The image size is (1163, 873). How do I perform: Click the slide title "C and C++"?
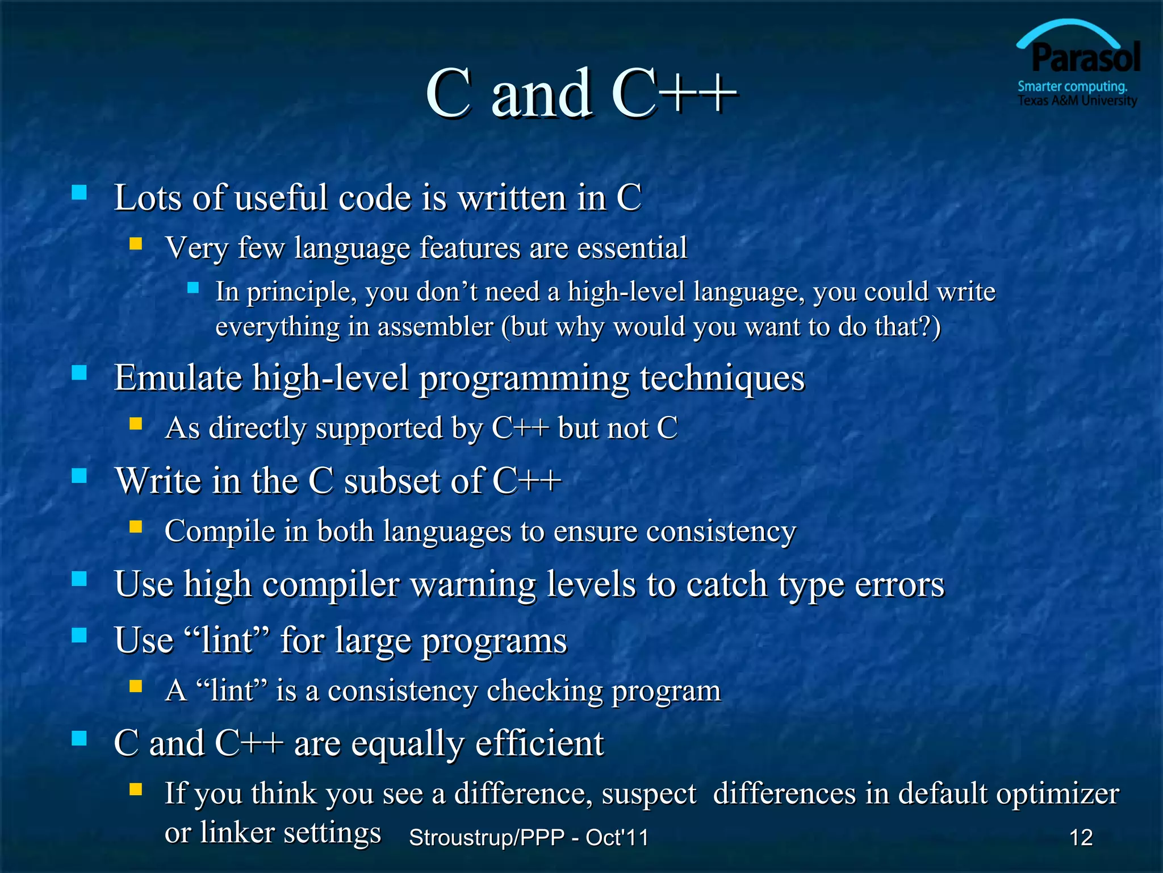(581, 94)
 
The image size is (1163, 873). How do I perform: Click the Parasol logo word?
(1085, 59)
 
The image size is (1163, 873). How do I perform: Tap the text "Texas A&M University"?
(1077, 101)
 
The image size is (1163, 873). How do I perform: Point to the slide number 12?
(1081, 838)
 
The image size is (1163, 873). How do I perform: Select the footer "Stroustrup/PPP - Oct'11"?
(529, 838)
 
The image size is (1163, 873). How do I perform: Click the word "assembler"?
(436, 327)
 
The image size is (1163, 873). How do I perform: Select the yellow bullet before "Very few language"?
(135, 244)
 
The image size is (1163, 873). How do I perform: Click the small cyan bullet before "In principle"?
(193, 288)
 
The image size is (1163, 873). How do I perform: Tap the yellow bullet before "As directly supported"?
(135, 423)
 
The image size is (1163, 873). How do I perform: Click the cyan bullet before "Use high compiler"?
(80, 579)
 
